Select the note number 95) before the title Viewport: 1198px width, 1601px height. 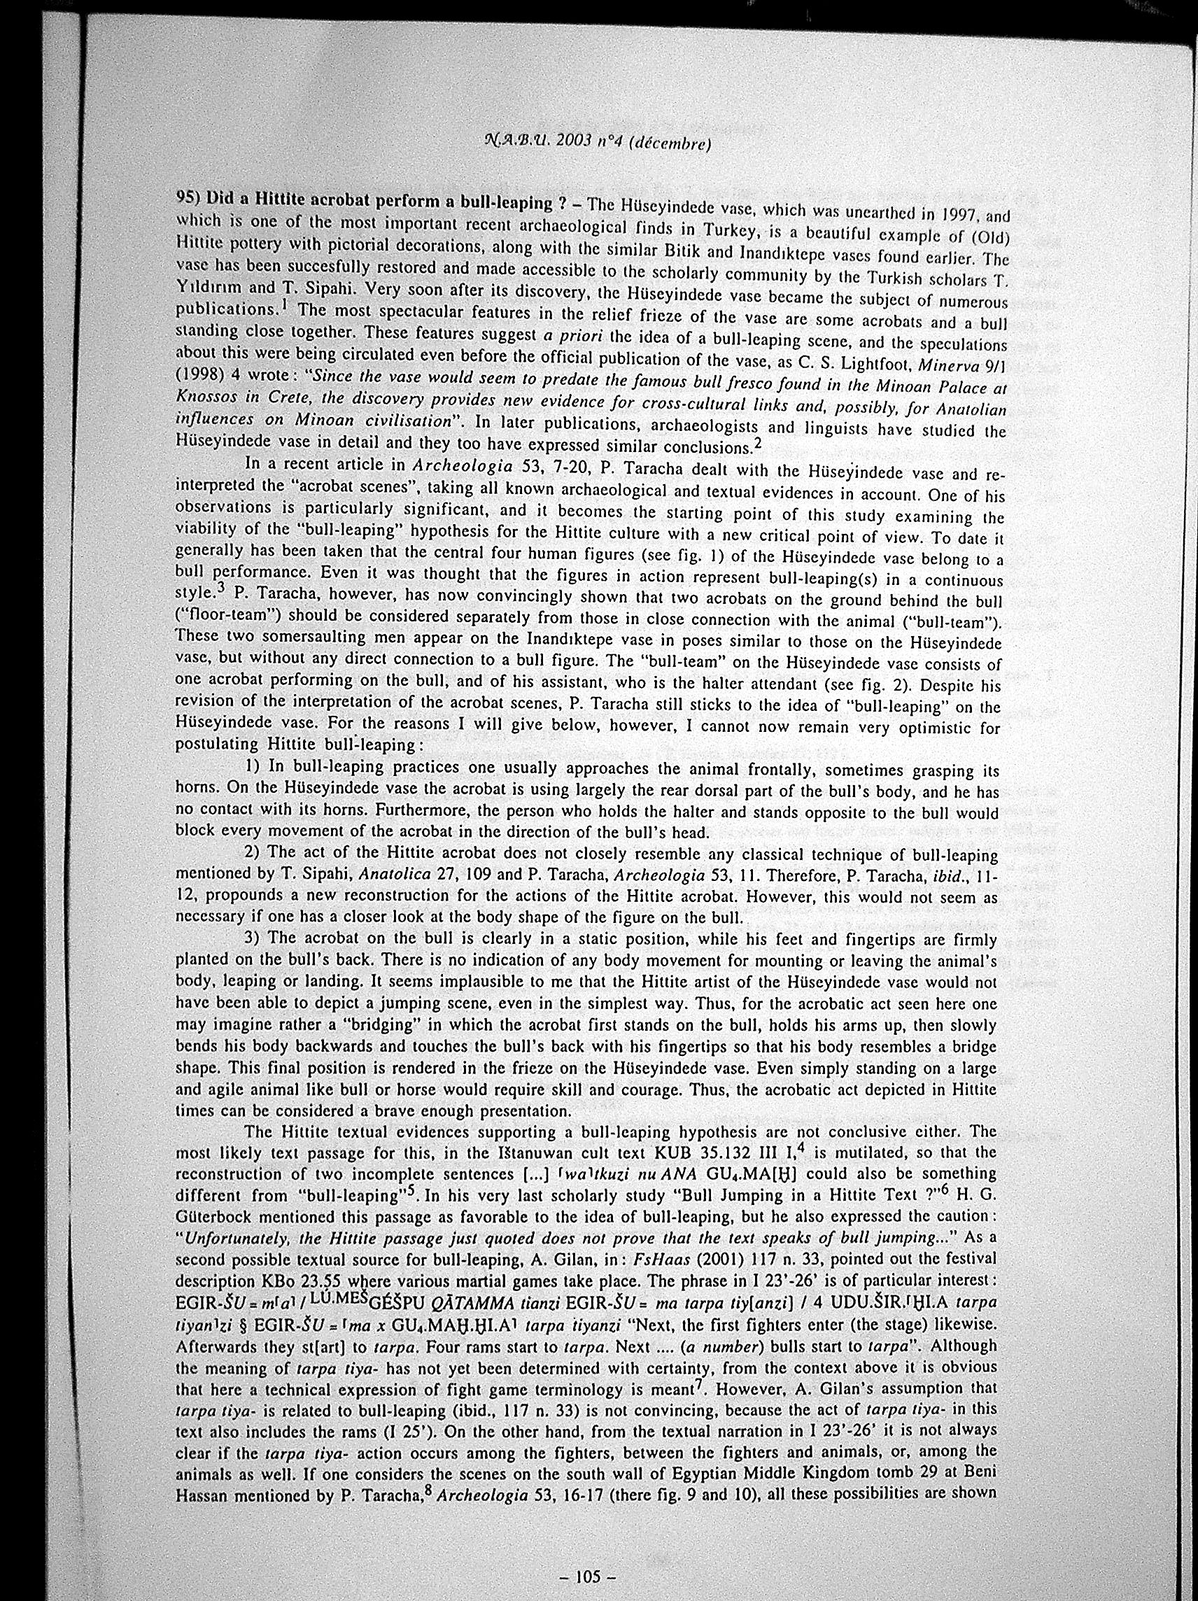point(190,202)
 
